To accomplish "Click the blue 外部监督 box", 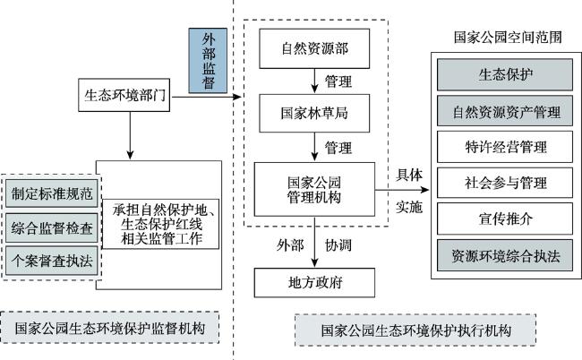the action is coord(208,61).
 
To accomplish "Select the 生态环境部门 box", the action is coord(124,95).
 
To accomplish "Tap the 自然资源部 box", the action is coord(314,48).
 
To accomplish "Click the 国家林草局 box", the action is coord(314,113).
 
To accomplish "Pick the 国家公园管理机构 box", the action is coord(314,189).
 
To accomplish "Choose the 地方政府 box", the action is coord(314,283).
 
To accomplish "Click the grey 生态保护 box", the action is coord(505,74).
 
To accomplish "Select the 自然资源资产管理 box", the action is coord(505,111).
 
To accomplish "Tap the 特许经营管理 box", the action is coord(505,147).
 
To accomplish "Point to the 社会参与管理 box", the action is coord(505,183).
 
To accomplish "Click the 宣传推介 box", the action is coord(505,219).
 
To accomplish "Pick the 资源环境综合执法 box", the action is coord(505,255).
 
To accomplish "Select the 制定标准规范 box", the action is coord(52,193).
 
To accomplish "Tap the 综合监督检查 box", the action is coord(52,227).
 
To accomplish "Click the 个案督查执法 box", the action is coord(52,261).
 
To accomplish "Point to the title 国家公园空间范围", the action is coord(508,38).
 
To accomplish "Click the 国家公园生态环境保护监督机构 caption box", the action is coord(110,328).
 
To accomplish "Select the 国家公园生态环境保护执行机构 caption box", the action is coord(415,330).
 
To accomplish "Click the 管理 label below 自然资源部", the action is coord(338,81).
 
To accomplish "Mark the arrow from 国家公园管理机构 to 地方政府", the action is coord(314,242).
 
